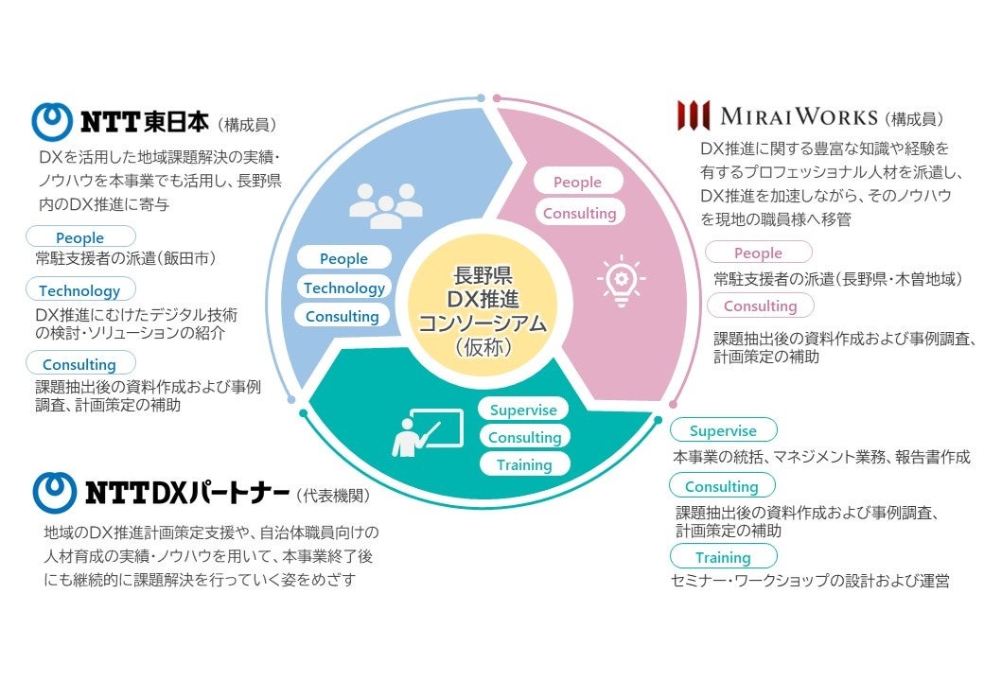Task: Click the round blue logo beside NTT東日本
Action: pos(53,121)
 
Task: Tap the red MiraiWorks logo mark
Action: pos(694,115)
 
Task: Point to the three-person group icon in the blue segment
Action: pos(385,202)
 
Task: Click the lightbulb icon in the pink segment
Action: pos(621,279)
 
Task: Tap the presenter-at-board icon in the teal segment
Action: pos(426,433)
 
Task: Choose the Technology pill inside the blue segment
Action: pos(343,288)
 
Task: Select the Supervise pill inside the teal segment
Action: pos(524,410)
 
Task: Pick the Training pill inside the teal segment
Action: pos(524,464)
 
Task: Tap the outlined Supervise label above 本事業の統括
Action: pos(723,430)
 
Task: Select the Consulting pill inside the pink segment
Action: pos(579,213)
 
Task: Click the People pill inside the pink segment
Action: pos(577,182)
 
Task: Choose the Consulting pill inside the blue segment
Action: pos(342,317)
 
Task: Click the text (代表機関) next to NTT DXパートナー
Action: pos(333,495)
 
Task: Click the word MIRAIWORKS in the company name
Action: pos(799,117)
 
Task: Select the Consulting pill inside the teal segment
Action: pos(524,437)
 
